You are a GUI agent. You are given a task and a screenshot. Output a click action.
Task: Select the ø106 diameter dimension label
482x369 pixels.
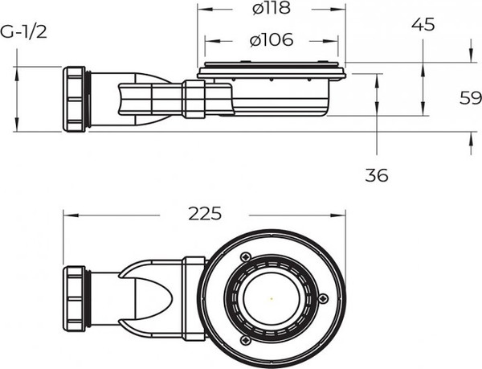(272, 39)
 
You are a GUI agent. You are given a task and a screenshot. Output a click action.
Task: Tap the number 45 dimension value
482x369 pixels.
(423, 24)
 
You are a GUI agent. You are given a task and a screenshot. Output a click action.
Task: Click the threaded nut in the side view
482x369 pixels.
(75, 99)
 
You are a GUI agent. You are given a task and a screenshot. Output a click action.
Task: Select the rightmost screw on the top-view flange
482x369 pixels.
(323, 300)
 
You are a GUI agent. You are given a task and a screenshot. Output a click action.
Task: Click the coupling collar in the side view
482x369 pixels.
(193, 98)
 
